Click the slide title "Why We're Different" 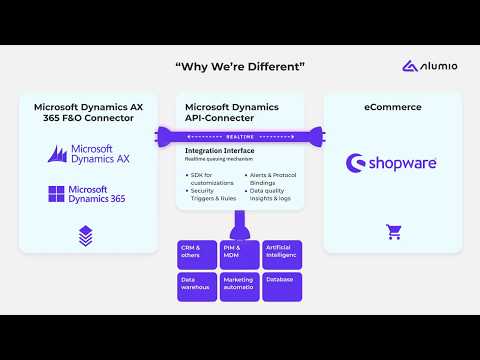(x=240, y=67)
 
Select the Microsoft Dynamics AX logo (x=89, y=154)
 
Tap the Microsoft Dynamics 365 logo (x=89, y=193)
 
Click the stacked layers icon (x=86, y=235)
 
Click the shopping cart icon (x=393, y=232)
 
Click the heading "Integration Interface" (x=219, y=150)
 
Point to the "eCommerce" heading (x=393, y=106)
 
